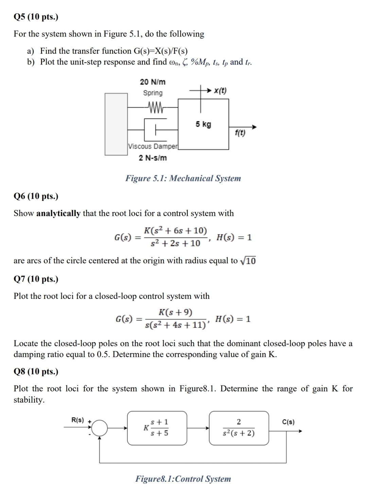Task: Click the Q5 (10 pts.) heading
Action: point(36,17)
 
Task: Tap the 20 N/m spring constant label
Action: point(153,82)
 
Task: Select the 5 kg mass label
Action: point(203,124)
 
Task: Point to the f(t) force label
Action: point(240,133)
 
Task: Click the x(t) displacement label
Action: point(220,91)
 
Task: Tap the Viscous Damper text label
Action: point(153,146)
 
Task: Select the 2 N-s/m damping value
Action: point(153,158)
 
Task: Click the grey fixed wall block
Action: point(116,124)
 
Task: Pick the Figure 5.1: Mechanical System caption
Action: point(183,178)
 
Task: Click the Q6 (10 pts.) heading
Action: point(36,196)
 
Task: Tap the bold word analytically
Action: point(58,213)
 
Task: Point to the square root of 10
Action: point(248,261)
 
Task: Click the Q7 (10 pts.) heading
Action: point(36,279)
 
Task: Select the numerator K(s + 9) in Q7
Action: point(175,312)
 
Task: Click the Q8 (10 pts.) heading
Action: point(36,371)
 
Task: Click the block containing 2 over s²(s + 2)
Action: point(239,428)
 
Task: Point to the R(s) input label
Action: point(77,420)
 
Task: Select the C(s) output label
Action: point(288,422)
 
